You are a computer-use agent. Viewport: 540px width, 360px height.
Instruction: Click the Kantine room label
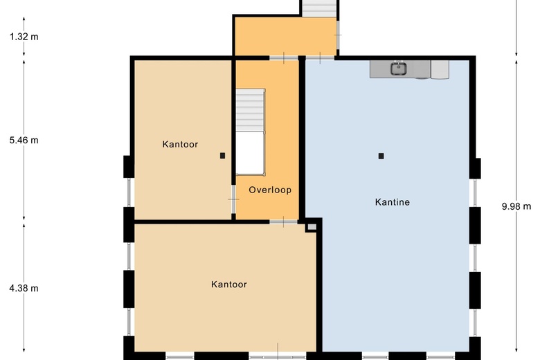coord(393,203)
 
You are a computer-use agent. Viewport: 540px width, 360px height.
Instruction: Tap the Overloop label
coord(270,190)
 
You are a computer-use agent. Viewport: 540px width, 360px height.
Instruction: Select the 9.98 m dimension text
coord(516,206)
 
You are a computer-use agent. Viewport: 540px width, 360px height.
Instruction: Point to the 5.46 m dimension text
coord(24,140)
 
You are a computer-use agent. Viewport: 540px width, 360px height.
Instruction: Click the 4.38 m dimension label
coord(24,289)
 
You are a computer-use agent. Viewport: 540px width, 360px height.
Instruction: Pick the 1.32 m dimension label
coord(24,37)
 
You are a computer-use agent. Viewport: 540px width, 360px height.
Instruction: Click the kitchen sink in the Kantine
coord(399,69)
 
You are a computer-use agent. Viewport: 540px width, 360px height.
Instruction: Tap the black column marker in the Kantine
coord(381,156)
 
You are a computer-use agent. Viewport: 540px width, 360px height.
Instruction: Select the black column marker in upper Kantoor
coord(222,156)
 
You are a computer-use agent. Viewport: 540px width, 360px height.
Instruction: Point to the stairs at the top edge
coord(319,8)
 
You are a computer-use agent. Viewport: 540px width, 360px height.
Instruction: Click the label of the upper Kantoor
coord(180,145)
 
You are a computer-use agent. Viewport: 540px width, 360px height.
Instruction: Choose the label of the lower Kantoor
coord(228,285)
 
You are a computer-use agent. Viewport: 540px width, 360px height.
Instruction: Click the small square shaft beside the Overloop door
coord(312,225)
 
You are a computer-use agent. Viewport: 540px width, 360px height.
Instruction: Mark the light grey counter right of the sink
coord(440,69)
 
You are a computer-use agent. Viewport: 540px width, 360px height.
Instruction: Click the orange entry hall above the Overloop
coord(284,36)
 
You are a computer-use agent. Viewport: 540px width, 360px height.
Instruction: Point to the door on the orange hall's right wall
coord(338,34)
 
